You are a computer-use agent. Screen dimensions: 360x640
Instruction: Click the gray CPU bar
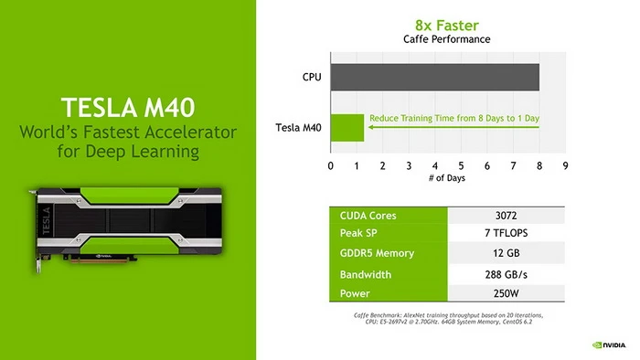pos(434,77)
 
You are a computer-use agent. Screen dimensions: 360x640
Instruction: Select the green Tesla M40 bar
pos(347,127)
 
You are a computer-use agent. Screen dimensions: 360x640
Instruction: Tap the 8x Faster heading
pos(447,26)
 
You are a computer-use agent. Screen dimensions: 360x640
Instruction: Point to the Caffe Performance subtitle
pos(447,39)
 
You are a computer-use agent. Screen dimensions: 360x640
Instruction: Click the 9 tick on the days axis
pos(565,165)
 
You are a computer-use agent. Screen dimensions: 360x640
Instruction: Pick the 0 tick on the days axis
pos(331,165)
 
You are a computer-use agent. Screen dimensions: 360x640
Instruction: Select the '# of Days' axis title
pos(447,178)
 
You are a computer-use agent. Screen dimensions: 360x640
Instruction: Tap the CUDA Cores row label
pos(367,216)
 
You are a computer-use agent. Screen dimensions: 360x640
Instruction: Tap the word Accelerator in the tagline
pos(194,133)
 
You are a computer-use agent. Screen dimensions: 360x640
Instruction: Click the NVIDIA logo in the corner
pos(609,346)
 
